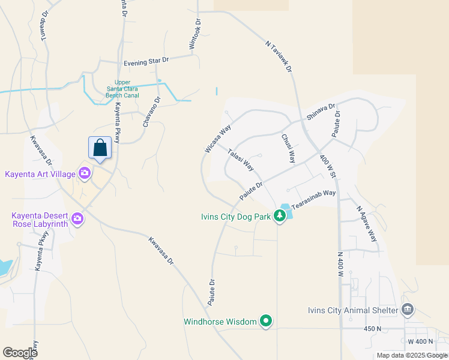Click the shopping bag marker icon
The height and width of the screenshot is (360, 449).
tap(100, 148)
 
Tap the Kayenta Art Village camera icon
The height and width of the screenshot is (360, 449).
tap(84, 174)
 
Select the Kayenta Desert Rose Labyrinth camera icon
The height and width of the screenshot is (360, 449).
tap(77, 218)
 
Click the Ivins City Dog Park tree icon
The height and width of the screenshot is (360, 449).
tap(280, 215)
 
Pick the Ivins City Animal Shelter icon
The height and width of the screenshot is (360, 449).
tap(408, 310)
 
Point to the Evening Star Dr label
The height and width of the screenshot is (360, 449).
tap(146, 62)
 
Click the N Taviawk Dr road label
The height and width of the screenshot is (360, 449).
tap(279, 56)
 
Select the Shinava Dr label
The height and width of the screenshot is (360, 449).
tap(321, 111)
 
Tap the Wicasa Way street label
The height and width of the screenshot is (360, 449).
tap(217, 139)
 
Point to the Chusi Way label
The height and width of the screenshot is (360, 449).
tap(289, 148)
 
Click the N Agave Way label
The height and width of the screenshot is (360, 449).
tap(367, 223)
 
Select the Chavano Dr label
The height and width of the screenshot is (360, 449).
tap(151, 112)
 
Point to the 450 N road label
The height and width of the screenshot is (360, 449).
tap(372, 329)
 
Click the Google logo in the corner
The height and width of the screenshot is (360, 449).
tap(20, 353)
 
